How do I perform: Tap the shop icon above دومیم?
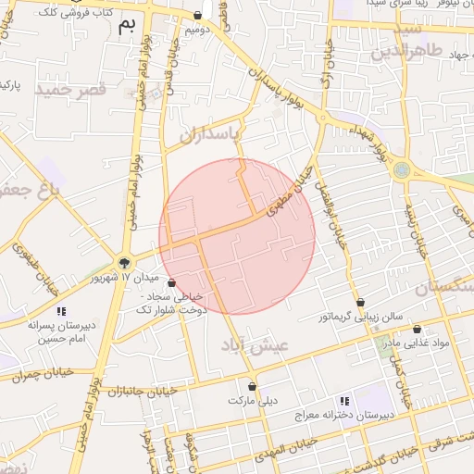(198, 16)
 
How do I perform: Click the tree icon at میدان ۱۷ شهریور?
(124, 263)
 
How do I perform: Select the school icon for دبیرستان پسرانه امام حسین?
(62, 311)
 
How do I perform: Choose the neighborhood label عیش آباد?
(256, 344)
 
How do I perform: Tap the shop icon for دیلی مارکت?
(252, 387)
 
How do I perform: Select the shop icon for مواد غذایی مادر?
(417, 329)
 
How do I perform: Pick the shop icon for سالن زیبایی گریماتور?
(360, 303)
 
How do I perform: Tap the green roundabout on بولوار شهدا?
(401, 169)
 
